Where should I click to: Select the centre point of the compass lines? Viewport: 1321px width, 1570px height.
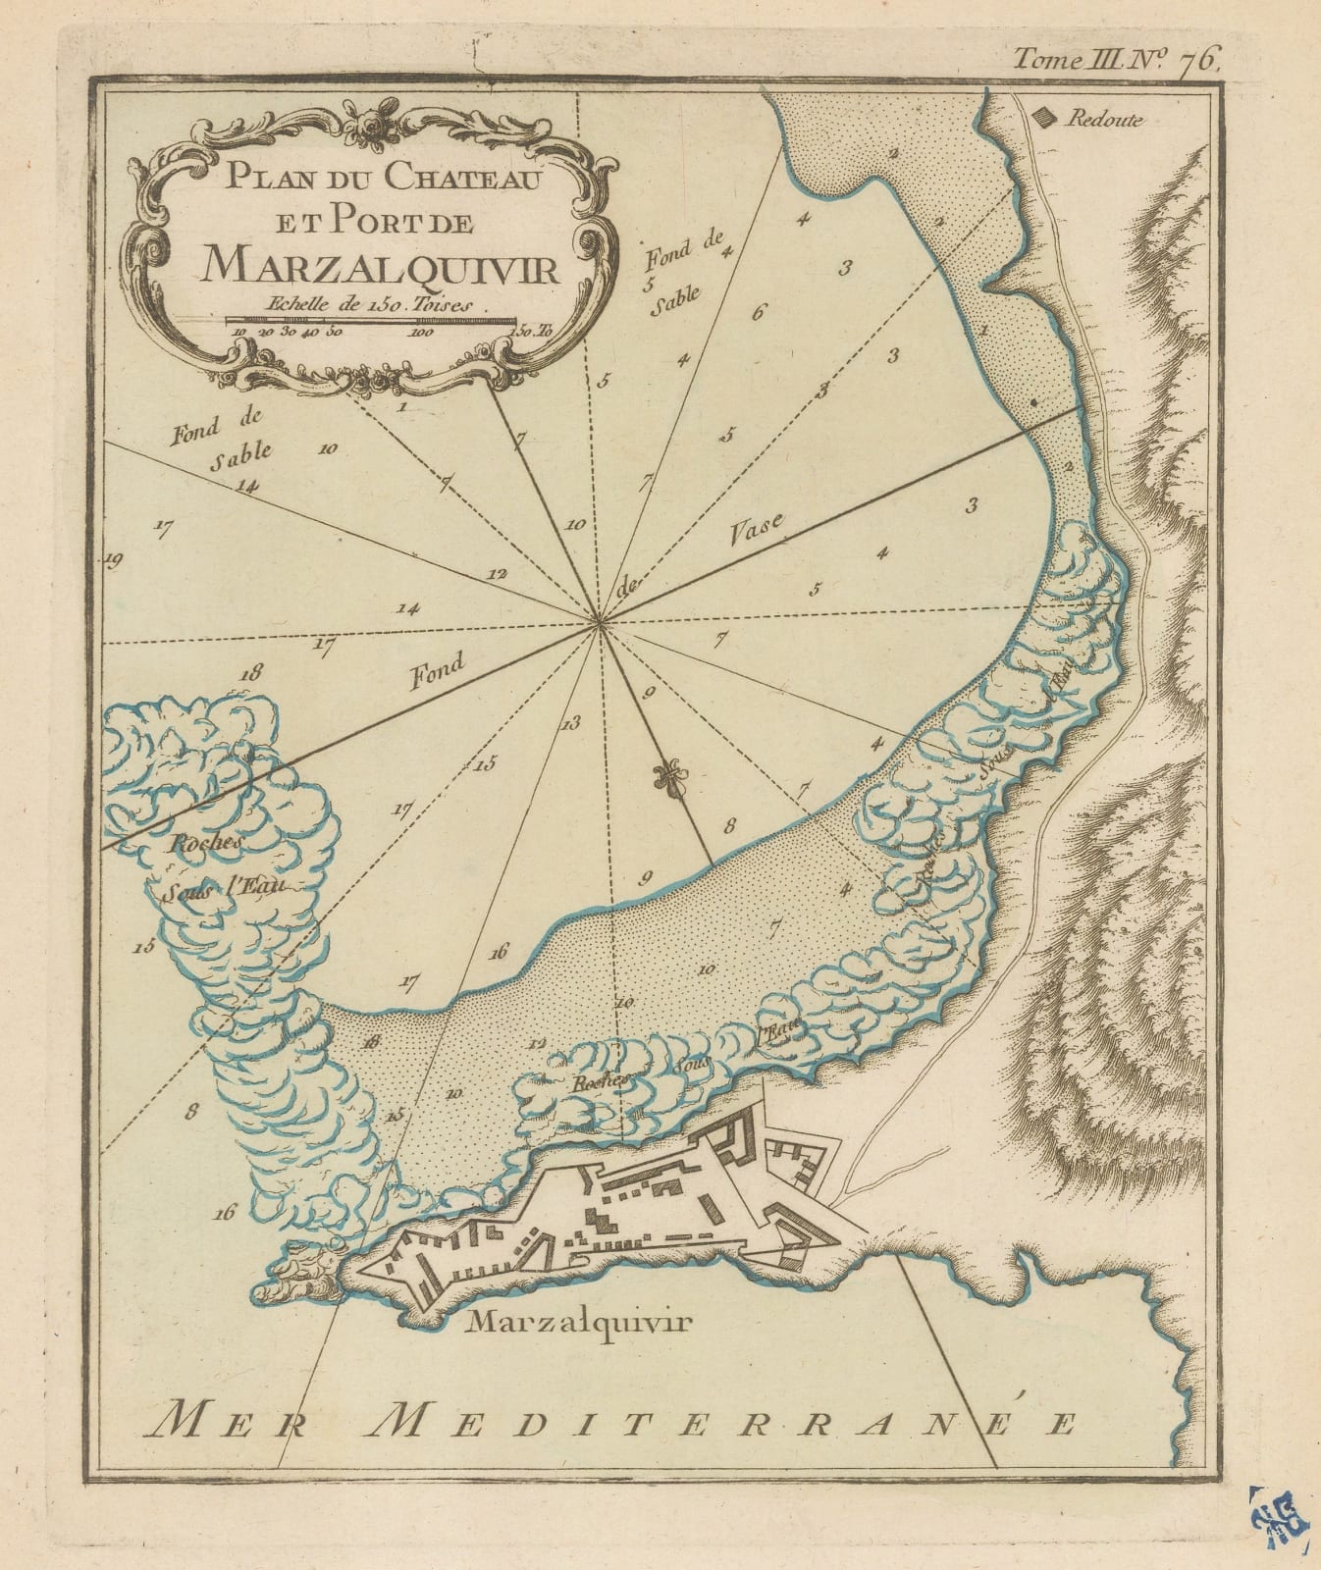pos(600,621)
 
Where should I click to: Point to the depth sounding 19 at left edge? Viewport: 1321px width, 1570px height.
pos(113,561)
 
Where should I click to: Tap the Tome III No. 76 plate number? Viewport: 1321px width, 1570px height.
pos(1116,60)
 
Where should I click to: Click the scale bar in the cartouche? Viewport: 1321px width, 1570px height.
pos(370,320)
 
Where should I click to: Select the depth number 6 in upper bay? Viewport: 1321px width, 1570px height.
pos(757,314)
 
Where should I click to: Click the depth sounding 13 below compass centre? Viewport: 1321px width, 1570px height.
pos(570,723)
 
